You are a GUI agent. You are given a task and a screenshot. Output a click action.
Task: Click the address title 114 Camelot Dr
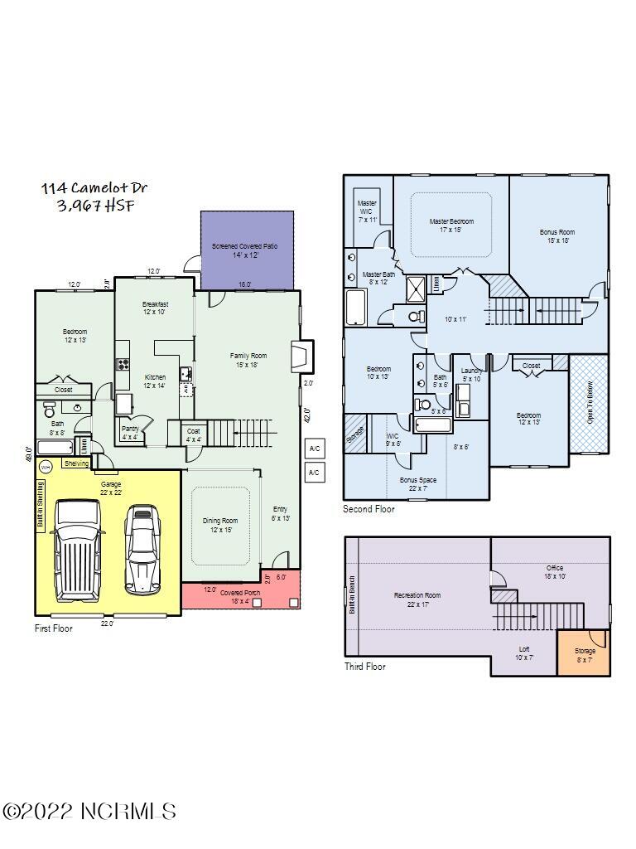pos(95,188)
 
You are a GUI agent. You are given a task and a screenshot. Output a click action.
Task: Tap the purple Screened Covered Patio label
pos(247,251)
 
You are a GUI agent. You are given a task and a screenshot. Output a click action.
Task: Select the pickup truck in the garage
pos(77,551)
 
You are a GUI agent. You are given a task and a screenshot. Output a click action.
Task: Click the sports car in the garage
pos(142,550)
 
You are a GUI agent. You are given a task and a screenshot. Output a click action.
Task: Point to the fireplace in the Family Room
pos(301,356)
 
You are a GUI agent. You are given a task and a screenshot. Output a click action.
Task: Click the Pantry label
pos(130,433)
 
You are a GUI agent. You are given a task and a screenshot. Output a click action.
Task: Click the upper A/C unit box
pos(315,449)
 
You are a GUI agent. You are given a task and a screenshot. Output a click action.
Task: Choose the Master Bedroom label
pos(451,226)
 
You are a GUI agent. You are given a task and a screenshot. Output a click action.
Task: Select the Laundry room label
pos(471,375)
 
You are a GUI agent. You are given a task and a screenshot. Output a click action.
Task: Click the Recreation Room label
pos(417,599)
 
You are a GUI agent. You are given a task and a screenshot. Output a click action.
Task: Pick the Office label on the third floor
pos(555,572)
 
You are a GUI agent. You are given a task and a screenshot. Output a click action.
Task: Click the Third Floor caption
pos(365,666)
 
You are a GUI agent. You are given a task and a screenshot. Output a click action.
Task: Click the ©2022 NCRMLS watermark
pos(90,811)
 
